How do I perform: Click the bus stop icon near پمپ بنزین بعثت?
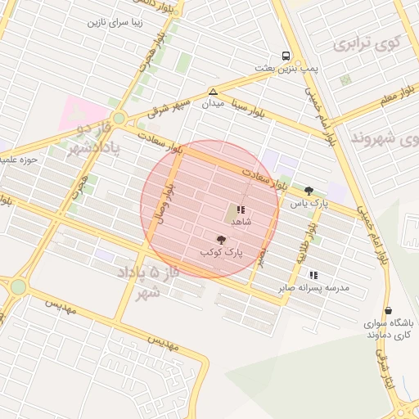click(x=285, y=56)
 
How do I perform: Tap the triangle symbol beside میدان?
click(x=213, y=91)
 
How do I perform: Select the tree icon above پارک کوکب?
click(x=222, y=239)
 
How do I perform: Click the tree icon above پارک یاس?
click(x=309, y=190)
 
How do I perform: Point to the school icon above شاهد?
click(x=241, y=209)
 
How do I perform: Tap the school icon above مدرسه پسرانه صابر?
click(x=313, y=275)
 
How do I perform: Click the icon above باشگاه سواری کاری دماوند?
click(x=387, y=311)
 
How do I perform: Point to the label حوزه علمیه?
click(x=17, y=160)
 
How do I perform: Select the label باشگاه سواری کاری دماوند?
click(x=390, y=330)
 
